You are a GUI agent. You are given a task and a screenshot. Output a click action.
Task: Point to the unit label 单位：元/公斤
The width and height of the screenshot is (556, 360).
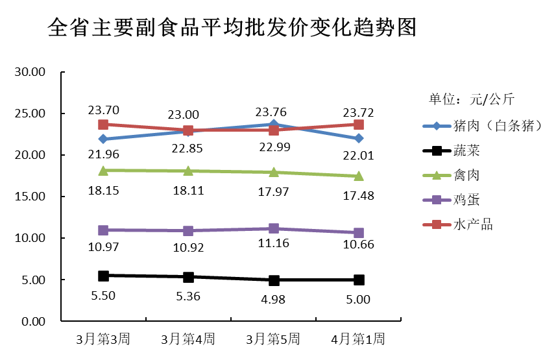(x=471, y=99)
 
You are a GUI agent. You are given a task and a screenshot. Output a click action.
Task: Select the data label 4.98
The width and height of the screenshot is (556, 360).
(x=274, y=299)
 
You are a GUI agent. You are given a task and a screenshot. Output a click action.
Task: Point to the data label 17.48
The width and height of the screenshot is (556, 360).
(x=359, y=194)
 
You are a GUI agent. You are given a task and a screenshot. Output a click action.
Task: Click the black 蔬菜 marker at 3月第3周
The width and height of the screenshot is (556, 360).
(x=103, y=276)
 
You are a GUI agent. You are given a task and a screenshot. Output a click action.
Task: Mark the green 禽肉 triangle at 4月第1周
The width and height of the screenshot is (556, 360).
(x=359, y=176)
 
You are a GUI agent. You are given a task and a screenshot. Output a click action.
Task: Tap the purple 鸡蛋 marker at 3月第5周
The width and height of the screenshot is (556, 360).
(x=274, y=228)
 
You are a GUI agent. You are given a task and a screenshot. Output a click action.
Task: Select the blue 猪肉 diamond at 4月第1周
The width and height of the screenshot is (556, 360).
(x=359, y=138)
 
